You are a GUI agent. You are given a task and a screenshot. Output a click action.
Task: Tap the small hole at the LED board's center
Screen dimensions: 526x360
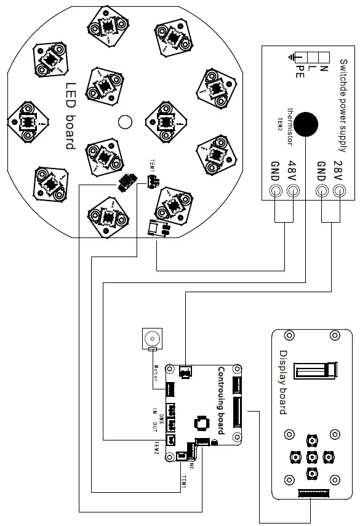125,122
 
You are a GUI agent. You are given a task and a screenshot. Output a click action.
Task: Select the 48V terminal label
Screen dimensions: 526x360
293,170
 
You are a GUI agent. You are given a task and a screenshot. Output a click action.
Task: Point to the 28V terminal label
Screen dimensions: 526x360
337,170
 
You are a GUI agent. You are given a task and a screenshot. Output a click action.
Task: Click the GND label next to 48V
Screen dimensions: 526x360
274,170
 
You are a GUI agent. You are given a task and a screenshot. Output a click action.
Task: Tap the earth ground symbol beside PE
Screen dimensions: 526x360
291,58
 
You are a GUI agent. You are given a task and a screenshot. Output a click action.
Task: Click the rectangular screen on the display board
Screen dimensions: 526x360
314,371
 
